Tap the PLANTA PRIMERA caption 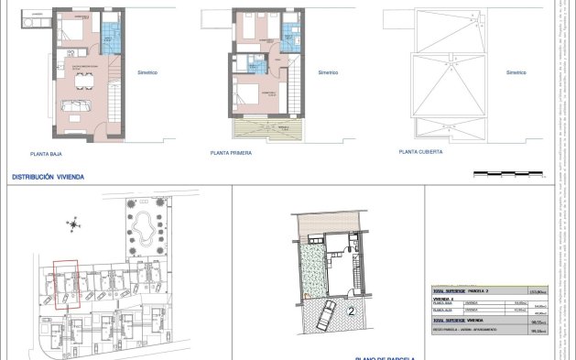[x=231, y=154]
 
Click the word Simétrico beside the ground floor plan [x=147, y=72]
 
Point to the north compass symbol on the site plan [x=72, y=224]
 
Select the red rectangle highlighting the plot [x=66, y=287]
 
